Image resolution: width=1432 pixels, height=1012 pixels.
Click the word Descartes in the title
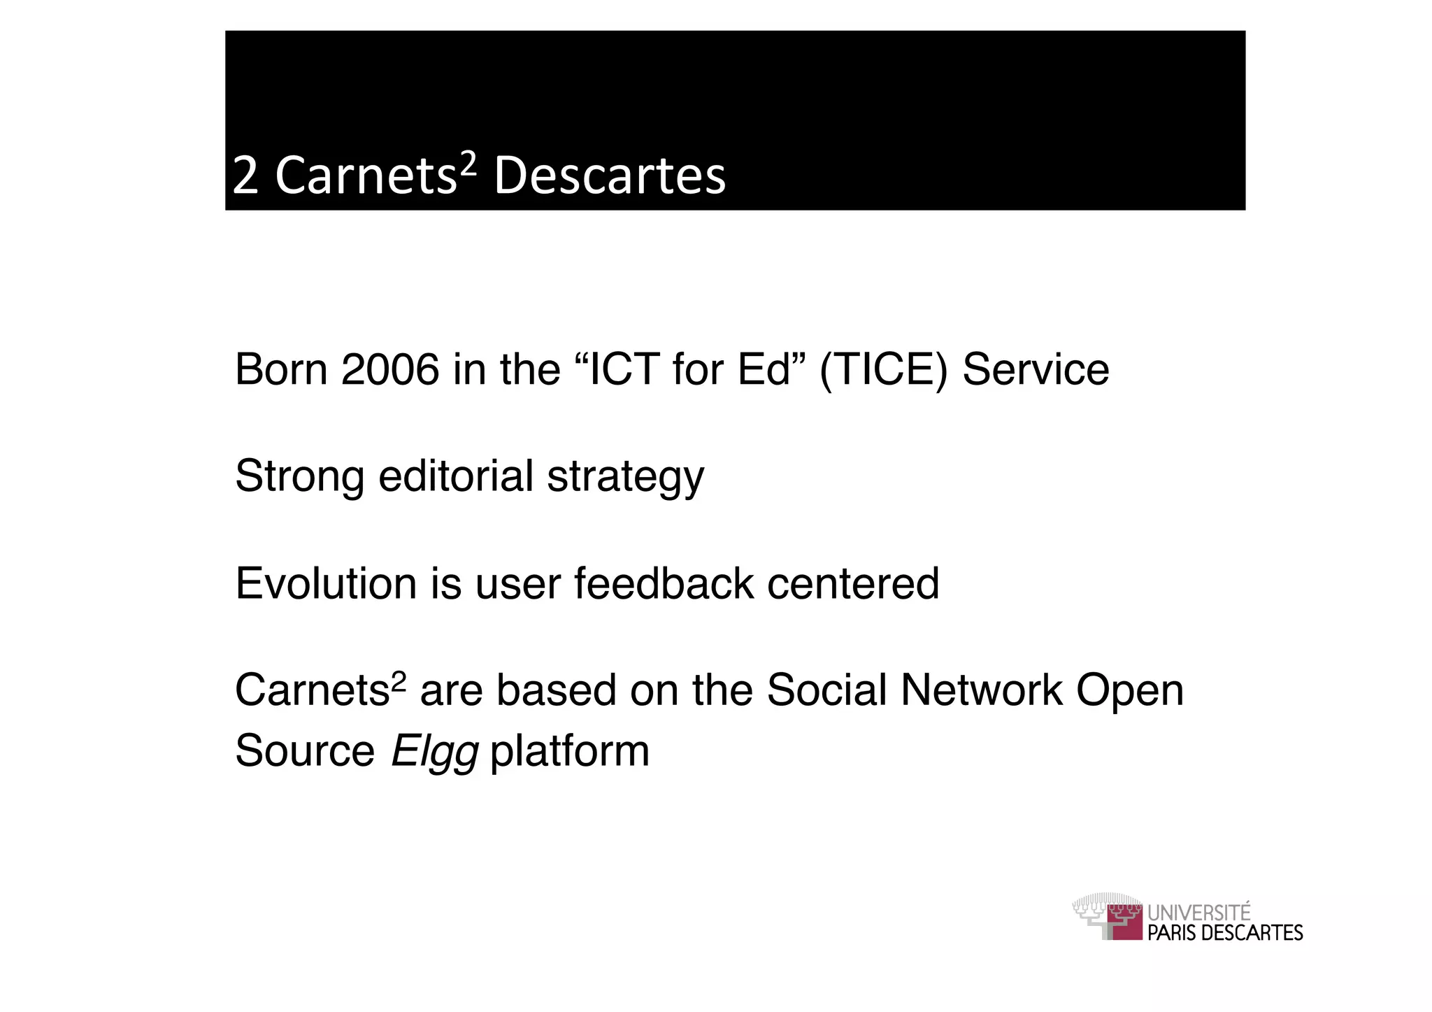[x=610, y=176]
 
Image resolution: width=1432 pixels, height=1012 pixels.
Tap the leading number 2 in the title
[x=245, y=176]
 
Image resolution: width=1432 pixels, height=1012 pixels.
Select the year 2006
[x=390, y=369]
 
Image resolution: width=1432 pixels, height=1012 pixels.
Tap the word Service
[x=1036, y=369]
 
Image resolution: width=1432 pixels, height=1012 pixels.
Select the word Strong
[x=299, y=477]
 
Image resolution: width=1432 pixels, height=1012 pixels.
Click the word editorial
[x=455, y=477]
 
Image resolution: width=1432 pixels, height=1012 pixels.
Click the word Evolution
[x=326, y=583]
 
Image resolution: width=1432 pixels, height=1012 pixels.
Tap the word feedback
[x=664, y=583]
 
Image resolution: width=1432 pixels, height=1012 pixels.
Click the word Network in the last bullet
[x=981, y=691]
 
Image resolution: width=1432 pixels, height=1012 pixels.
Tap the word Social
[x=826, y=691]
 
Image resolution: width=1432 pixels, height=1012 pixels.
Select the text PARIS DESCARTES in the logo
[x=1225, y=933]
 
